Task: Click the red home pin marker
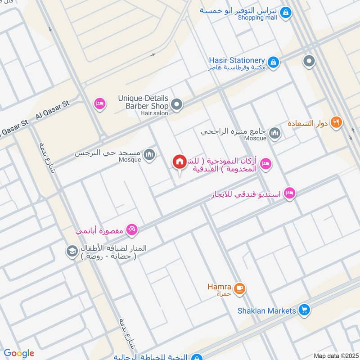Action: coord(180,162)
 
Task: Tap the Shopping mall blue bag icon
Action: coord(285,13)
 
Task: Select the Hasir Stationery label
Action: coord(237,60)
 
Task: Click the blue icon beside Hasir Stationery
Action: coord(273,62)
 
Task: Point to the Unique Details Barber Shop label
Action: coord(143,102)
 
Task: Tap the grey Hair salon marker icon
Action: coord(177,105)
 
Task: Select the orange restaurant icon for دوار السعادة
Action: coord(336,122)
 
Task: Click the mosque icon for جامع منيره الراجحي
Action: coord(274,133)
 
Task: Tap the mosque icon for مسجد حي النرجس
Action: coord(150,155)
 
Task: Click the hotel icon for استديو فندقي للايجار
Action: coord(290,193)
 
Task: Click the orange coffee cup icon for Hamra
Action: coord(239,288)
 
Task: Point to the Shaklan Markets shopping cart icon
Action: coord(305,310)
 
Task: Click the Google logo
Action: coord(19,353)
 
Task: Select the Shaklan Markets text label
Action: coord(267,310)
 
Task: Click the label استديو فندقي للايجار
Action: coord(246,194)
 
